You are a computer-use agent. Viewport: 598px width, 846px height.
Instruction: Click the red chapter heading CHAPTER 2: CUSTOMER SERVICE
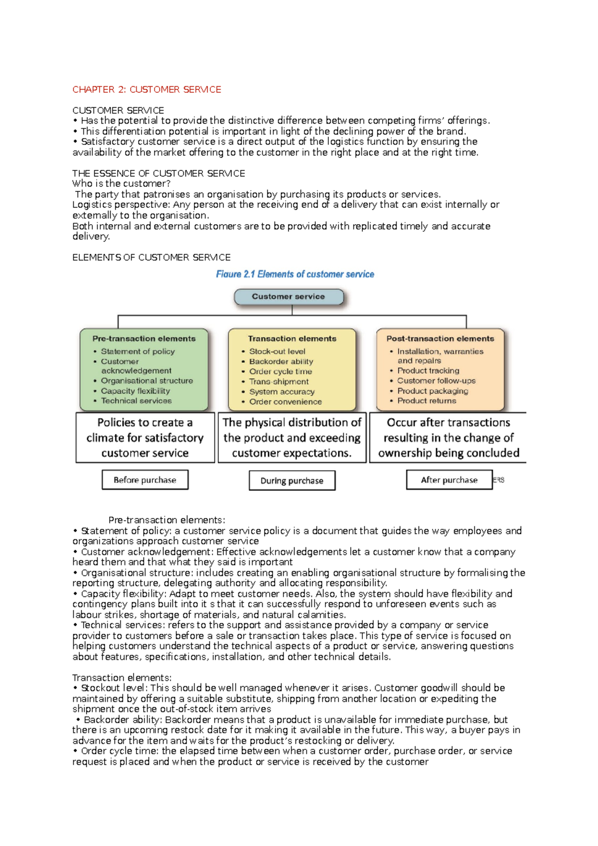click(147, 90)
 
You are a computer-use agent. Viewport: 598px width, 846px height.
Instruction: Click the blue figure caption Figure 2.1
click(295, 274)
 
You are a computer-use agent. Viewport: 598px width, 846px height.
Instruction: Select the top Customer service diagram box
click(289, 296)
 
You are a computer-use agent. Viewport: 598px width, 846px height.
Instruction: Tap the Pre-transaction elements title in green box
click(144, 338)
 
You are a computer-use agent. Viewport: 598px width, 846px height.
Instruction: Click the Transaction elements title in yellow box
click(292, 338)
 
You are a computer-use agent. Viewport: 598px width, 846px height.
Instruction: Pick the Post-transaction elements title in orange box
click(440, 338)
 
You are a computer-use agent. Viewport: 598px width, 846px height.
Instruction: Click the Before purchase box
click(145, 480)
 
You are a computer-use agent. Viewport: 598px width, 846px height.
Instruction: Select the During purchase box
click(292, 481)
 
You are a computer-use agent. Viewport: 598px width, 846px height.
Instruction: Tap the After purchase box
click(449, 480)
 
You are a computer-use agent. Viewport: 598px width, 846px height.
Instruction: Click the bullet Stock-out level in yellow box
click(277, 351)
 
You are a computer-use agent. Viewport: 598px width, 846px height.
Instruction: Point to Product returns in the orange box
click(427, 401)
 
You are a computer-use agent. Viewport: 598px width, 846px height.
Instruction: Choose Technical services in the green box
click(136, 401)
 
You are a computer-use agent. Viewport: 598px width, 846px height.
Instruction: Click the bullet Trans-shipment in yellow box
click(279, 382)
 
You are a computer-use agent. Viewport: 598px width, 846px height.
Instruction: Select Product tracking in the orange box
click(428, 371)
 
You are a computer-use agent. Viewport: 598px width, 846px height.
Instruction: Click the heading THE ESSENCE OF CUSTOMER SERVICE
click(158, 173)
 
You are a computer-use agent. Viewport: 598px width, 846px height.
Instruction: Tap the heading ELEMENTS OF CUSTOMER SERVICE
click(151, 258)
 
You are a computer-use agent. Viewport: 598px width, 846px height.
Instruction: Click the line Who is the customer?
click(121, 184)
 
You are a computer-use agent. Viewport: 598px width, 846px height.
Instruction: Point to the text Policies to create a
click(145, 423)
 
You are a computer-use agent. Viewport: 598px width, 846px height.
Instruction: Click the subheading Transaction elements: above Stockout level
click(122, 678)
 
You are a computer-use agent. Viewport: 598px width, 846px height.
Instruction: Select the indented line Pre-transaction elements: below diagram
click(166, 520)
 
